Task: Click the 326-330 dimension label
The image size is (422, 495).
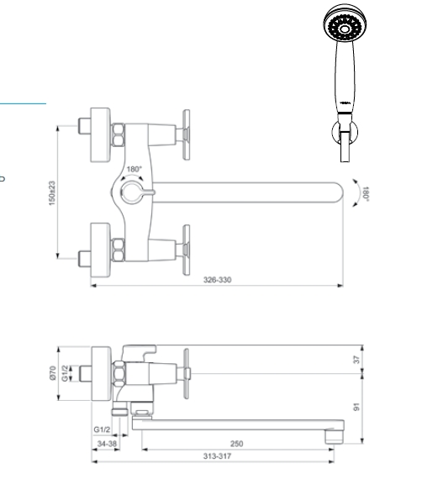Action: pyautogui.click(x=218, y=280)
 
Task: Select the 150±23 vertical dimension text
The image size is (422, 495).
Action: pyautogui.click(x=52, y=193)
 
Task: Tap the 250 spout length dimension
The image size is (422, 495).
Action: pyautogui.click(x=236, y=444)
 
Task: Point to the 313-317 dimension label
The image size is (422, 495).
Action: pyautogui.click(x=218, y=456)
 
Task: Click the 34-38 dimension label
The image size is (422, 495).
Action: pyautogui.click(x=107, y=444)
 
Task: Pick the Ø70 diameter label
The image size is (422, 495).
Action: pyautogui.click(x=53, y=373)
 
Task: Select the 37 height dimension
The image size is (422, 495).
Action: pyautogui.click(x=356, y=360)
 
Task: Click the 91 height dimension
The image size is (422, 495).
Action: pyautogui.click(x=356, y=408)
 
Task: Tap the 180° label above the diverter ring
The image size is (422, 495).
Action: pyautogui.click(x=135, y=169)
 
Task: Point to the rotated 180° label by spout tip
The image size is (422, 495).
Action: pyautogui.click(x=366, y=193)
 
